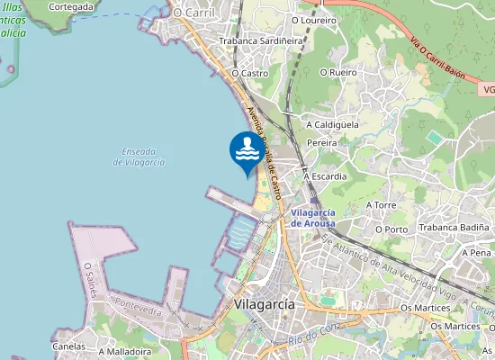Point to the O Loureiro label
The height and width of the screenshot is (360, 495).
[314, 19]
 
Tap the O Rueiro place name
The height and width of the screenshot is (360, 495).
[326, 73]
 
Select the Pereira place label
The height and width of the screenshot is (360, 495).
[321, 143]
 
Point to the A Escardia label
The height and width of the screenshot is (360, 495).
[325, 176]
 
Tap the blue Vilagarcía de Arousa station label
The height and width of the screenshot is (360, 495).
[326, 217]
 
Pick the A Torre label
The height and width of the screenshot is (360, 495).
[380, 205]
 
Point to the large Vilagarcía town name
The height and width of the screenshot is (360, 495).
[263, 304]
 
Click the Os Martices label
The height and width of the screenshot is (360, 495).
[426, 309]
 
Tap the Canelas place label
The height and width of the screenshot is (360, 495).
[69, 346]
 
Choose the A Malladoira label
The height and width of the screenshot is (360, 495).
[125, 352]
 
